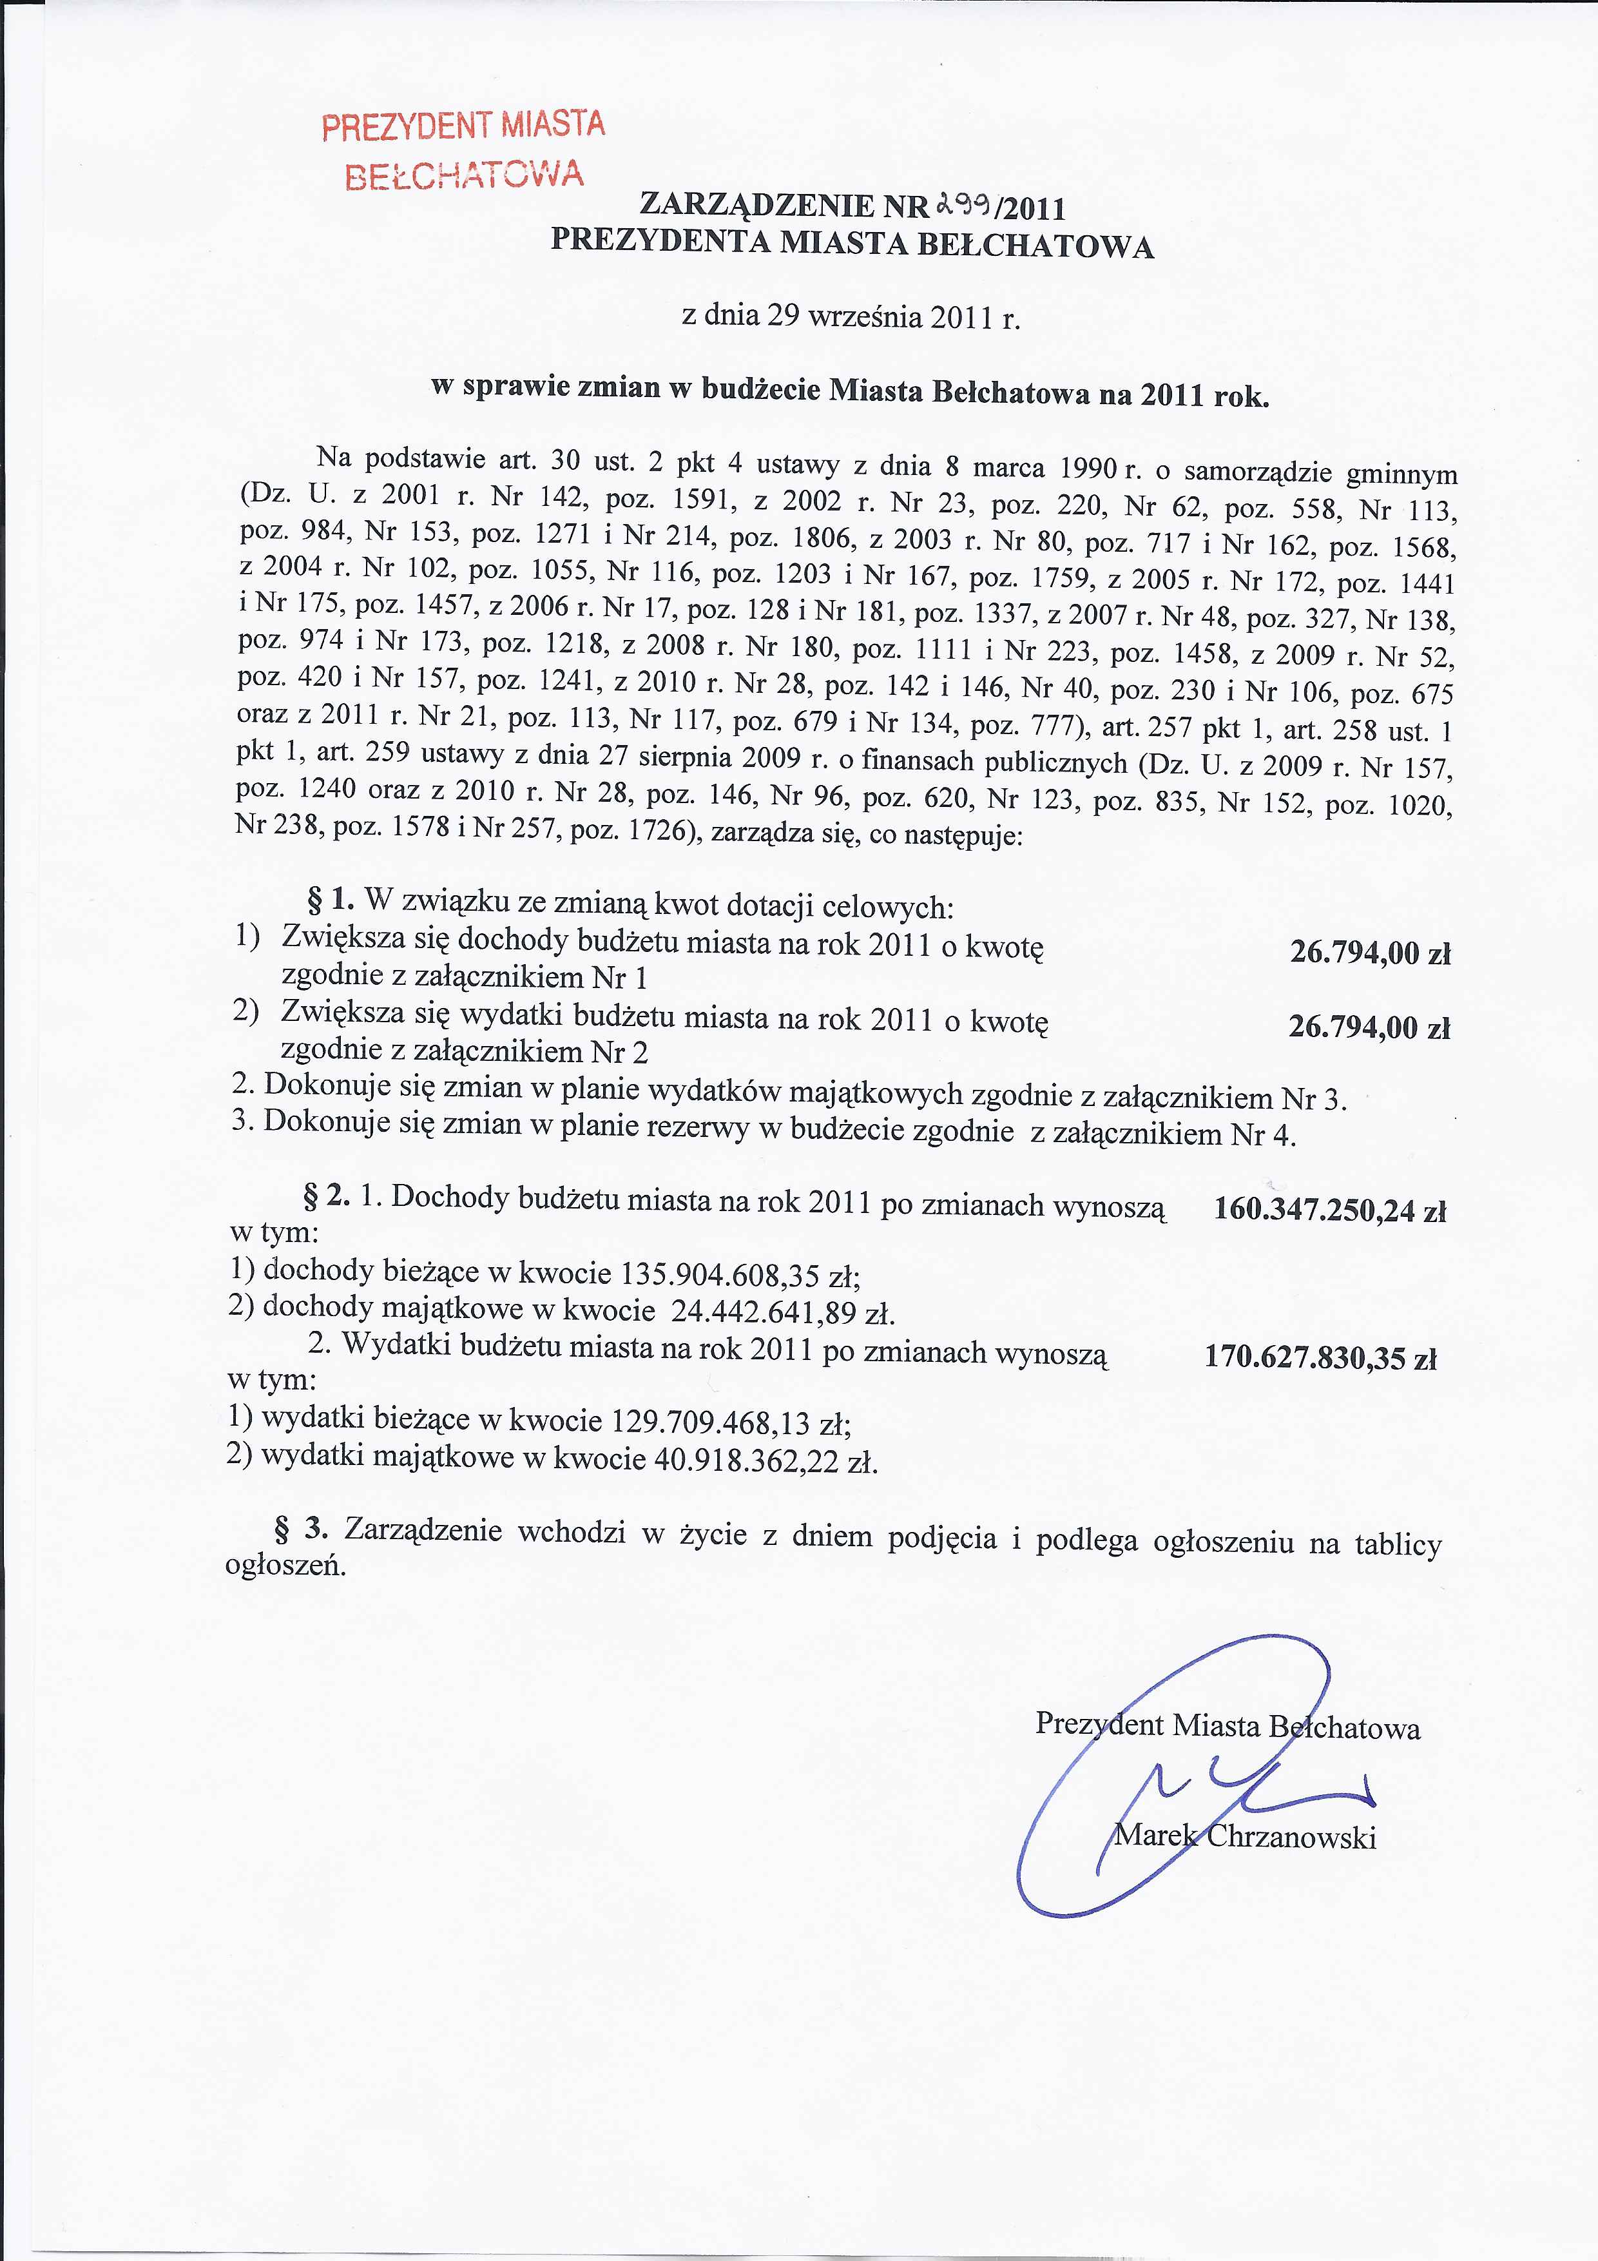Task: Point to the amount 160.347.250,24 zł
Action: coord(1329,1209)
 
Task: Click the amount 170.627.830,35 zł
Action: coord(1320,1358)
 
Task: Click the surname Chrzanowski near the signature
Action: coord(1290,1836)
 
